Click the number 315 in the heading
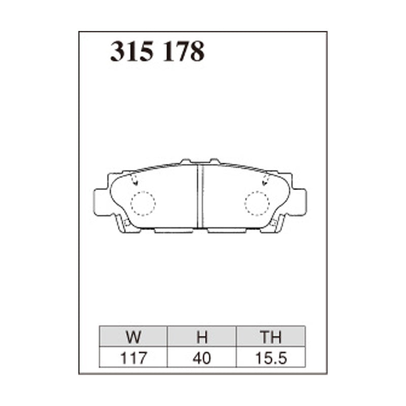click(132, 51)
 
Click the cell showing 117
click(133, 358)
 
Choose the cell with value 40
click(202, 358)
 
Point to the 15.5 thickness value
click(270, 358)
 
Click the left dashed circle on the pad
click(143, 204)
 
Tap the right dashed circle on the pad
click(257, 204)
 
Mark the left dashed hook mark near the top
click(134, 179)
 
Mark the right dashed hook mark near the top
click(265, 179)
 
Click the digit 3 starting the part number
click(118, 51)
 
